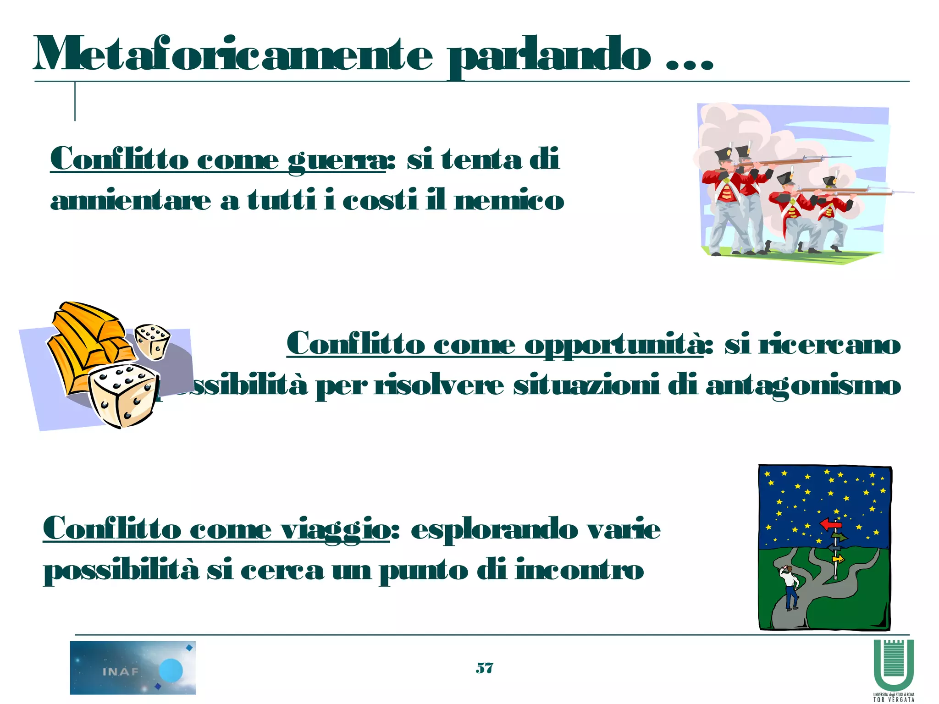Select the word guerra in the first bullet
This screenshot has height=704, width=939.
337,160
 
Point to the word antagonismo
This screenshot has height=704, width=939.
803,386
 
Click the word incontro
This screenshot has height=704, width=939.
580,571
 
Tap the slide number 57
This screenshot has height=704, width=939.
484,668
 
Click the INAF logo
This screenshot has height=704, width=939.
133,667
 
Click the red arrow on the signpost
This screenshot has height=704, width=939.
830,524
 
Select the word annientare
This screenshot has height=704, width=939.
131,202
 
